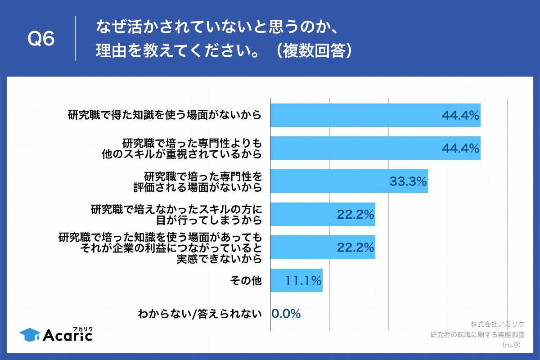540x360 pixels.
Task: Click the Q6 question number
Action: pyautogui.click(x=41, y=39)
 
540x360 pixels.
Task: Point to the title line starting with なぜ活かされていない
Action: pyautogui.click(x=216, y=27)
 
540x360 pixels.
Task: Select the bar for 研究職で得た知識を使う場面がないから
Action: pyautogui.click(x=375, y=115)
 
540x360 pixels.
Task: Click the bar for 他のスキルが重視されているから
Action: pyautogui.click(x=375, y=148)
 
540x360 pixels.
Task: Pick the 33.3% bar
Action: pyautogui.click(x=349, y=181)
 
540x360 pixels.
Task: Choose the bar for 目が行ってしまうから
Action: pyautogui.click(x=322, y=214)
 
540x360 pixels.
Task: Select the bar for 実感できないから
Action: pyautogui.click(x=322, y=247)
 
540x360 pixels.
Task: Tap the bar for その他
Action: pyautogui.click(x=296, y=280)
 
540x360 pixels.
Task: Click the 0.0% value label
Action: pyautogui.click(x=286, y=314)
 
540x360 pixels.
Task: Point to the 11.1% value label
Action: pyautogui.click(x=303, y=281)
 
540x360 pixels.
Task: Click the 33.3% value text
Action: pyautogui.click(x=408, y=181)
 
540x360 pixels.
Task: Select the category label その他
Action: pyautogui.click(x=245, y=281)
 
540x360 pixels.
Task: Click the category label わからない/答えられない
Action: pyautogui.click(x=200, y=314)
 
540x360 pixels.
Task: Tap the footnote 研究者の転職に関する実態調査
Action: pyautogui.click(x=477, y=334)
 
